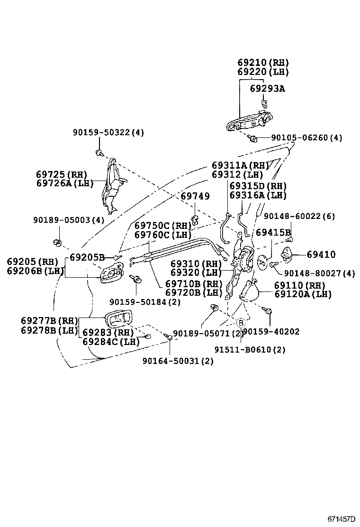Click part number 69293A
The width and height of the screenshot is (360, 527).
[268, 89]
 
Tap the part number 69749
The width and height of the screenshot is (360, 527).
[195, 196]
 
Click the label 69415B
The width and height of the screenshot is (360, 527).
[273, 233]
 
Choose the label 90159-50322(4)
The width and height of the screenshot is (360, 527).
[108, 133]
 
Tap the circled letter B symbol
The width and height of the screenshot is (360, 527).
[241, 322]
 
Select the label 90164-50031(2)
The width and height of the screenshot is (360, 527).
[178, 361]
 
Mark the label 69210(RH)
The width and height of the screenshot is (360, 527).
[263, 63]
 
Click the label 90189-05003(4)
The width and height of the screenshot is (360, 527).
[69, 220]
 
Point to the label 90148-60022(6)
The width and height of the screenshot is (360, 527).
[299, 216]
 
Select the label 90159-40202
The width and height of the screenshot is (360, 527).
[271, 332]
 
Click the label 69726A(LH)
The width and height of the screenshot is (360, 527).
[65, 183]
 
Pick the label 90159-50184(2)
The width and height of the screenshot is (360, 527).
[144, 302]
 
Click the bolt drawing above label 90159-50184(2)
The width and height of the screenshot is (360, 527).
[136, 280]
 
